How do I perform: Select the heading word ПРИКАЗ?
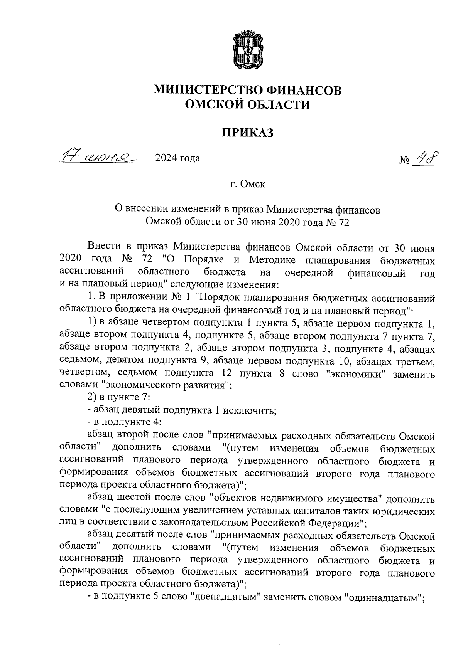[x=248, y=133]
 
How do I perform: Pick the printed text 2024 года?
[x=177, y=158]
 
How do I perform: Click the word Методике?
[x=270, y=261]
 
